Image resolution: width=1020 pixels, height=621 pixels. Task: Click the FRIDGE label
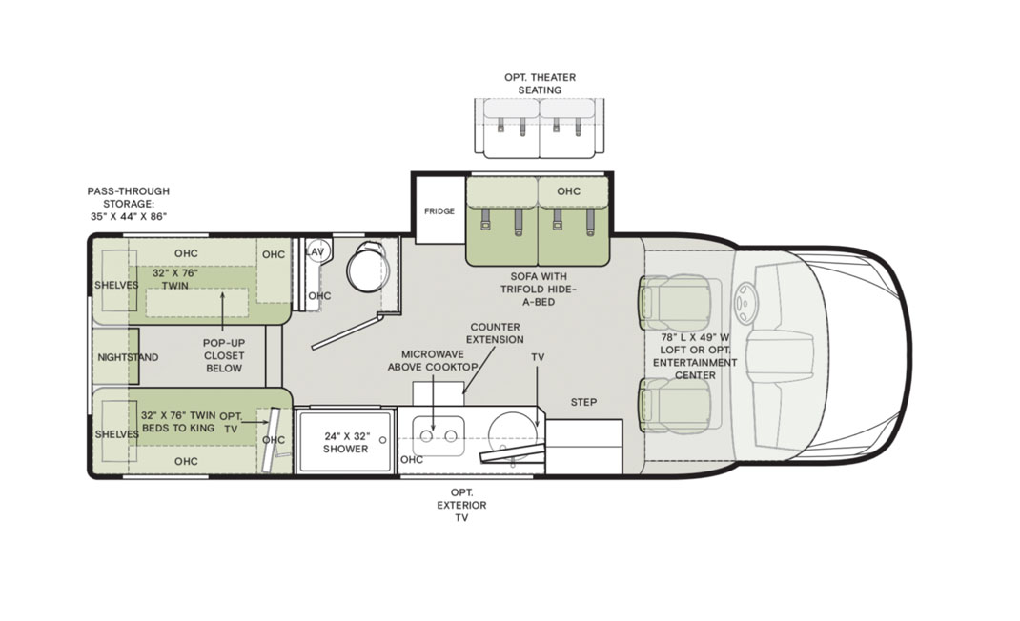click(x=439, y=211)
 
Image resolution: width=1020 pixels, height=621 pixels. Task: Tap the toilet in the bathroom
click(x=368, y=268)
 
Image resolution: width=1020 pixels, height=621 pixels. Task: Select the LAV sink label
click(x=315, y=251)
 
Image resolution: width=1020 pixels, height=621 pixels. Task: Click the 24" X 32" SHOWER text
click(x=345, y=442)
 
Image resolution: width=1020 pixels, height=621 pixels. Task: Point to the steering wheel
click(x=746, y=302)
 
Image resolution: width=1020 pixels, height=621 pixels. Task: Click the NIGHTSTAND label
click(x=128, y=357)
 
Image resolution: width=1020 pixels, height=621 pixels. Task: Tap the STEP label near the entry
click(x=583, y=403)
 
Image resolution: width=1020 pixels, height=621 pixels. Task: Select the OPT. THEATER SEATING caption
click(x=540, y=84)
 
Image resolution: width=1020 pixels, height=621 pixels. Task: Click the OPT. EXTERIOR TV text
click(x=461, y=505)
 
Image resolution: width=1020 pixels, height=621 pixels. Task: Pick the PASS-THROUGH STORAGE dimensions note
click(x=129, y=204)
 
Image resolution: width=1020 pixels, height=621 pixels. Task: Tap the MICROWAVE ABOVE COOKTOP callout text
click(x=433, y=361)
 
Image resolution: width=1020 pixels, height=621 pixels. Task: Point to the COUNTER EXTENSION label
click(x=495, y=333)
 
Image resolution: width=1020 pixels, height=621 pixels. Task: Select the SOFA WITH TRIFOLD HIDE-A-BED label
click(x=539, y=290)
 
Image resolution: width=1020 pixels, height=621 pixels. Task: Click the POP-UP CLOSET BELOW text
click(x=224, y=355)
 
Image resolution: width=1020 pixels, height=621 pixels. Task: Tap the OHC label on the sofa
click(x=568, y=191)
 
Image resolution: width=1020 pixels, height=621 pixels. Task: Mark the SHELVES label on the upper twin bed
click(x=116, y=286)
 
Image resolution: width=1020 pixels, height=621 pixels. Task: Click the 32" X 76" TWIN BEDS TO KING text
click(x=178, y=422)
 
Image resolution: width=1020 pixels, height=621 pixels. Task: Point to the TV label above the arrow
click(x=538, y=357)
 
